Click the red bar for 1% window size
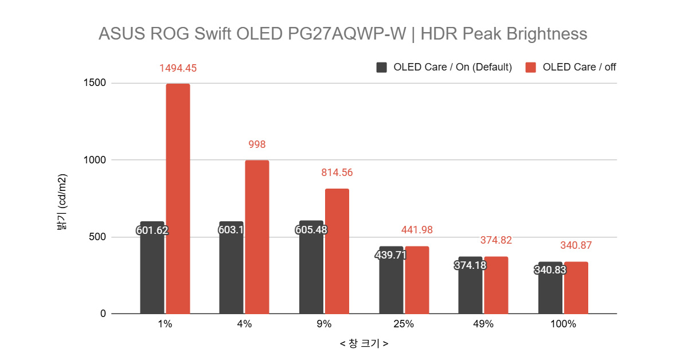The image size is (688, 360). pyautogui.click(x=178, y=199)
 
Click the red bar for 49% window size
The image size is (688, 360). pyautogui.click(x=496, y=285)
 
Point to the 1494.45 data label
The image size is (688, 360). pyautogui.click(x=178, y=68)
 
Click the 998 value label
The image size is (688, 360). pyautogui.click(x=257, y=144)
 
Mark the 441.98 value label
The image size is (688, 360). pyautogui.click(x=416, y=230)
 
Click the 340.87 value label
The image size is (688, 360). pyautogui.click(x=576, y=245)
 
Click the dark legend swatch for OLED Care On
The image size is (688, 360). pyautogui.click(x=382, y=67)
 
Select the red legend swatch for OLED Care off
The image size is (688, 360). pyautogui.click(x=531, y=67)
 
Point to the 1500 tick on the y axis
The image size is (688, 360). pyautogui.click(x=94, y=83)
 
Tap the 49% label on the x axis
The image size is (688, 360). pyautogui.click(x=483, y=324)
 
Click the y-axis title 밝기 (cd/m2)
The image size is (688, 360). pyautogui.click(x=62, y=201)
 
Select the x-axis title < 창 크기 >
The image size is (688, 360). pyautogui.click(x=363, y=344)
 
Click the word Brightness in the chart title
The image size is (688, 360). pyautogui.click(x=547, y=34)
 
